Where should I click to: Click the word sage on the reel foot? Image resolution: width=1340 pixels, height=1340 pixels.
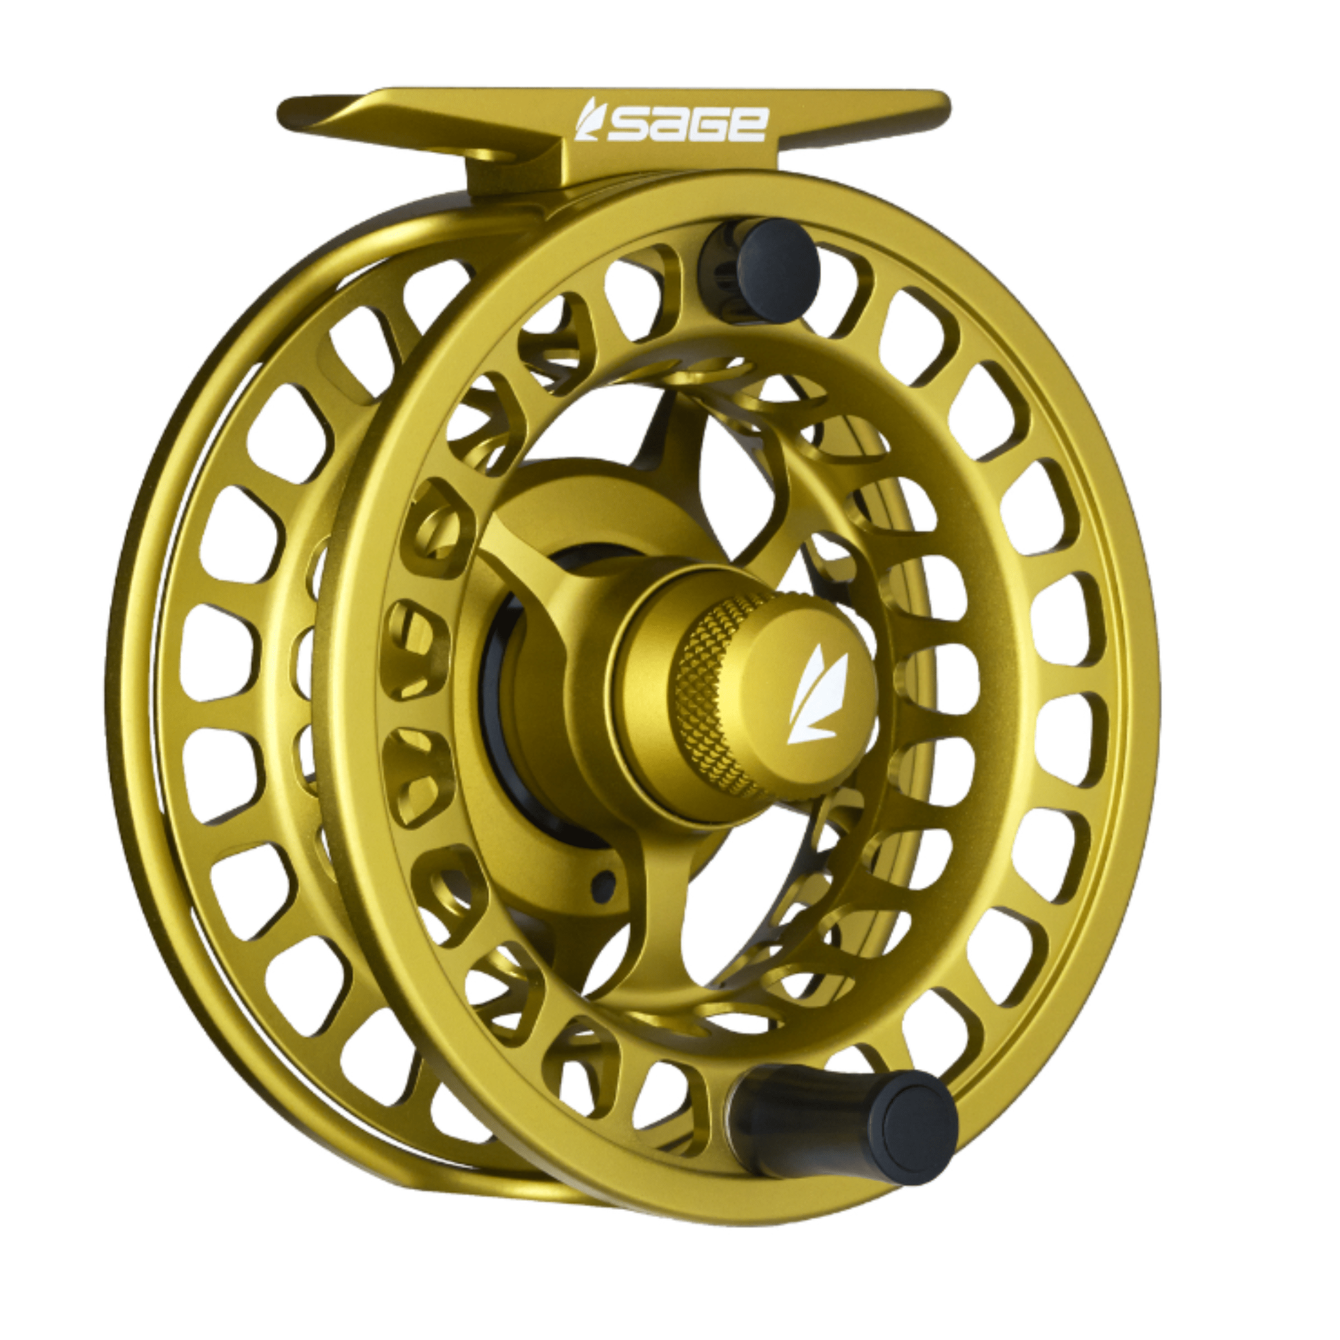686,126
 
